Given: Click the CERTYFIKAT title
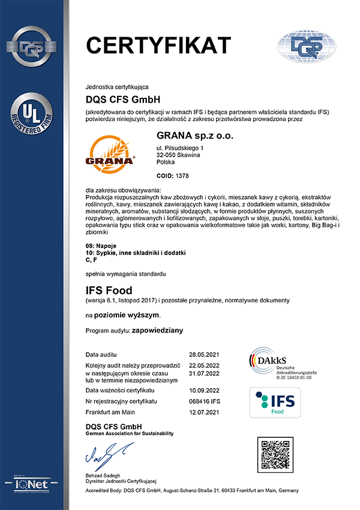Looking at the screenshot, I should point(158,46).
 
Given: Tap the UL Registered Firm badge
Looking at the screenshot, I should point(34,114).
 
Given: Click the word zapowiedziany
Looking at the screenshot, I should point(158,330).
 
